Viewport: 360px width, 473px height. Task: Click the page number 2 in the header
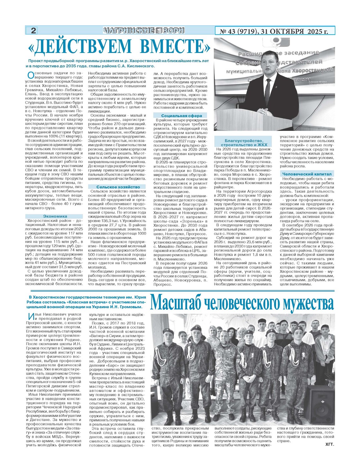click(33, 30)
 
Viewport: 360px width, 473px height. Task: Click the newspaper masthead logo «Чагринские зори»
click(144, 30)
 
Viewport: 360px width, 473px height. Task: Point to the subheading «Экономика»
click(55, 216)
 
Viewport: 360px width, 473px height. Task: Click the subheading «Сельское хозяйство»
click(118, 187)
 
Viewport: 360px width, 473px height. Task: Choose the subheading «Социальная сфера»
click(180, 116)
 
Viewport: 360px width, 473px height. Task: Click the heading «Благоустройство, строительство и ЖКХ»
click(244, 143)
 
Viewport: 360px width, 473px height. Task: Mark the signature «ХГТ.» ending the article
click(329, 444)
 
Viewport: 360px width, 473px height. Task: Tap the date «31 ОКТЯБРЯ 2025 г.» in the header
click(295, 31)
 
